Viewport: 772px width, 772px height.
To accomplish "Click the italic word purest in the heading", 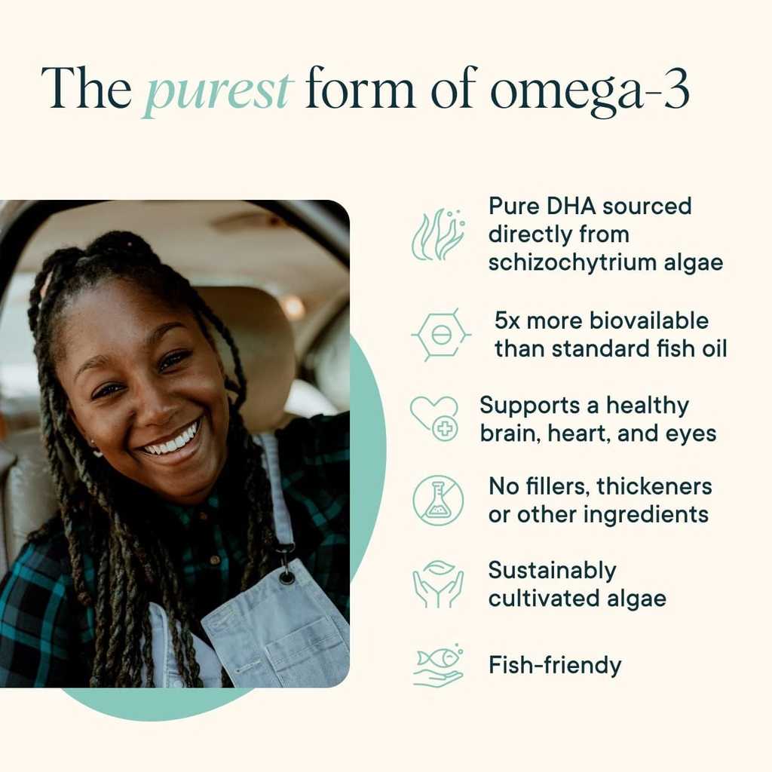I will [x=217, y=89].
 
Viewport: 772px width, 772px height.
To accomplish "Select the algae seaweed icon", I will [x=438, y=234].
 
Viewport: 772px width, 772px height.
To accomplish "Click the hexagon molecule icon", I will [x=441, y=333].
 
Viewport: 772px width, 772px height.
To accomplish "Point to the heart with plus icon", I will [x=435, y=418].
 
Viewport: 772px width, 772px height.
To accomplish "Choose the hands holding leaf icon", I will [x=438, y=584].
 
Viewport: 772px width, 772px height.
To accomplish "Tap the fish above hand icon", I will [x=438, y=666].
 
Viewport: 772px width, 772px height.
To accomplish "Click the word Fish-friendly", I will [x=555, y=666].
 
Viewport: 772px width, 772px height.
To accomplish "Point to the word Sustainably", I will [x=552, y=571].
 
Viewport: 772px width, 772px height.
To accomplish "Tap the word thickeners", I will [x=654, y=486].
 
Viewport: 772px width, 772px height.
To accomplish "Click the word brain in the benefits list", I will [x=507, y=433].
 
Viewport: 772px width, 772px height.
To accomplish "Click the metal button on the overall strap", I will [x=286, y=577].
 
